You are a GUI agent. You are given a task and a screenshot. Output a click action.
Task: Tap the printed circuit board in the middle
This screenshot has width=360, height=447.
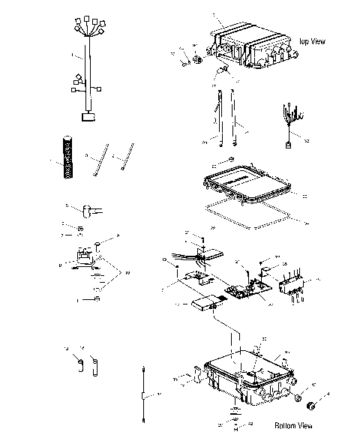[x=244, y=289]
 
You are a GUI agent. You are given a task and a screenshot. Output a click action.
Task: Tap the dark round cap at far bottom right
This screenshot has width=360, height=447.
[x=309, y=405]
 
